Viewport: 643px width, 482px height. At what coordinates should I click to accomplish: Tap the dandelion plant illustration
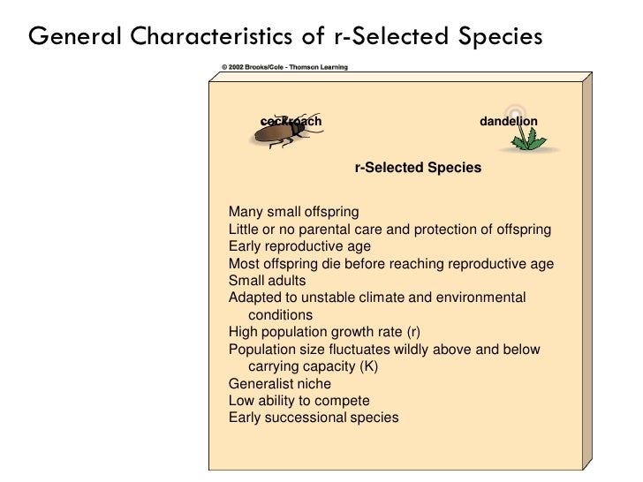[532, 138]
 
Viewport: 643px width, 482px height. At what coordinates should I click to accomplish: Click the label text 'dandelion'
[508, 121]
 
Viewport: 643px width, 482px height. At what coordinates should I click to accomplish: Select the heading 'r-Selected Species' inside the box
[418, 168]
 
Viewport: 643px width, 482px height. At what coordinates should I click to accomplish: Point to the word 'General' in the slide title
[76, 36]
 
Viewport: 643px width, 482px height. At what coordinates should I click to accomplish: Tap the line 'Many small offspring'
[293, 212]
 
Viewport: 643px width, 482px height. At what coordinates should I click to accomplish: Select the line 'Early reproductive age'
[299, 246]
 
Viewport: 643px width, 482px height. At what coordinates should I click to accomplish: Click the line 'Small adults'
[267, 281]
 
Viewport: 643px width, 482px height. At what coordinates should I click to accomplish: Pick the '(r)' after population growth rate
[413, 332]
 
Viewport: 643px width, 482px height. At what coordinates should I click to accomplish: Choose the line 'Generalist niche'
[280, 384]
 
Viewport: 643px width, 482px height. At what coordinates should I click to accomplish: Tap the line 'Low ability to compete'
[299, 401]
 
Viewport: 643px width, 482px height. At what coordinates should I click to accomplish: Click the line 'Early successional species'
[313, 418]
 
